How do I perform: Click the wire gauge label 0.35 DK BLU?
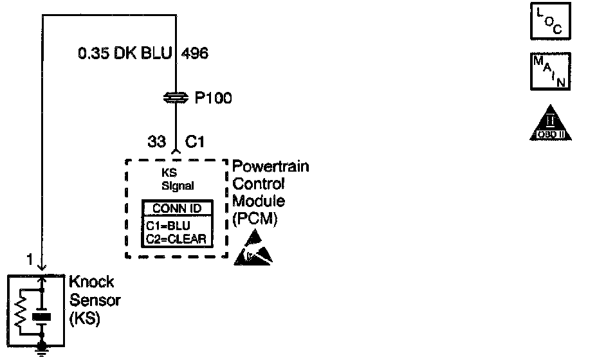click(125, 54)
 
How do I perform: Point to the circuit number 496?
click(195, 54)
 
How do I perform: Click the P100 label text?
click(213, 98)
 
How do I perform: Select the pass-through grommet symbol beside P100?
click(176, 98)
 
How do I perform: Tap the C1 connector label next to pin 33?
click(194, 142)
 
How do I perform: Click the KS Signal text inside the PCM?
click(175, 181)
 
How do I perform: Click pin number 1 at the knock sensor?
click(30, 259)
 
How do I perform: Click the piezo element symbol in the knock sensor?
click(42, 316)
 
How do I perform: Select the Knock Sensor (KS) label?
click(92, 300)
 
